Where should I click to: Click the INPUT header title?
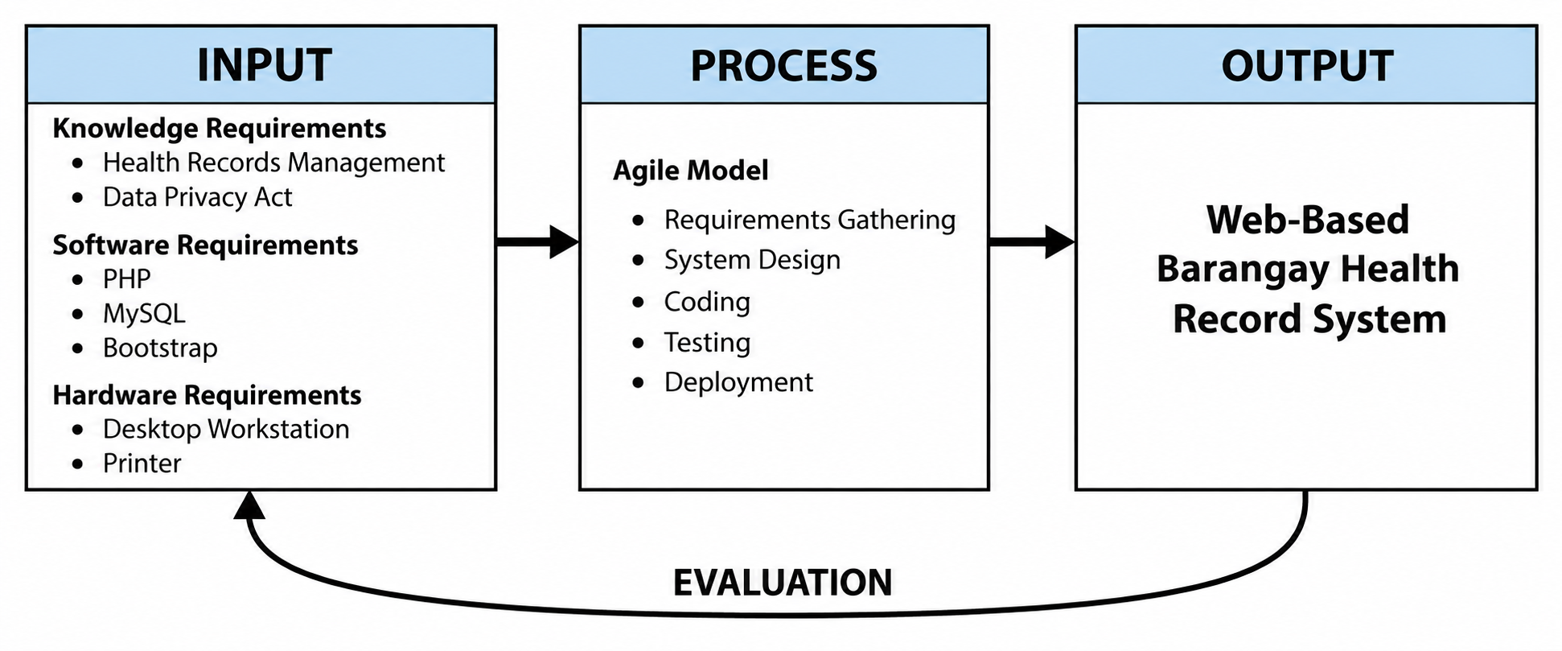point(265,65)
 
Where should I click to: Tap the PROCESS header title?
point(783,66)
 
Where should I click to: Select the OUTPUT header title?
point(1307,66)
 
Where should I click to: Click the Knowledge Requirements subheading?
point(219,129)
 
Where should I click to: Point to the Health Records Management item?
point(273,163)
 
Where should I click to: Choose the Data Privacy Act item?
point(197,197)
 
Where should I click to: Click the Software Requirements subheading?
point(205,245)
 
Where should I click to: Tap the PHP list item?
point(126,278)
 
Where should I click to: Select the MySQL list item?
point(144,314)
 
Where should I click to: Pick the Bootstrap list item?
point(160,348)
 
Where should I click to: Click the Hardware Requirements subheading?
point(207,395)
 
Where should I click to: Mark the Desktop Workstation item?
point(226,429)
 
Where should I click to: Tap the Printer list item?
point(142,464)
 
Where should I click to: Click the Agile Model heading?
point(690,171)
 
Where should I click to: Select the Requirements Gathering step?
point(810,220)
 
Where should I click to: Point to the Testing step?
point(707,343)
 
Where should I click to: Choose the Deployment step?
point(738,382)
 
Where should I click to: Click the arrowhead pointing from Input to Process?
point(564,241)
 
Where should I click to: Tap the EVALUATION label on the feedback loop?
point(783,583)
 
